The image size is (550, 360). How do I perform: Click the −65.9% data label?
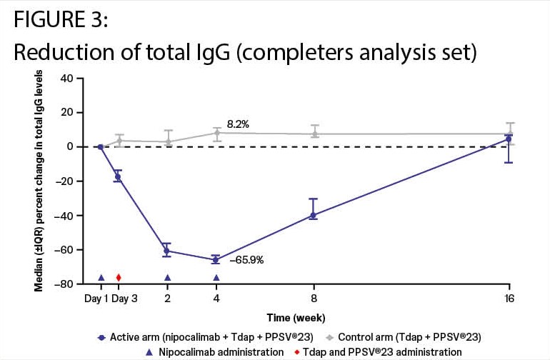247,261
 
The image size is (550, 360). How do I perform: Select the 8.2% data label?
239,124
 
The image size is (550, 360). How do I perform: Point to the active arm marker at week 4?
216,260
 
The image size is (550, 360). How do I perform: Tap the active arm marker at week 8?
313,215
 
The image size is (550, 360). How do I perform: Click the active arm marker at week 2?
167,251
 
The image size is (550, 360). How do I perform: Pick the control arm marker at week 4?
216,133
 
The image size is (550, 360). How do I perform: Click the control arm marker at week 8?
313,134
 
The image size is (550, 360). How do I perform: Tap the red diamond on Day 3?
119,278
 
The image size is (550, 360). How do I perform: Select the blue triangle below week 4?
216,278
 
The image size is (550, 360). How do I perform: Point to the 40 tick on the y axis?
66,78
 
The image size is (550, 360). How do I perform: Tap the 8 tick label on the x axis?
313,299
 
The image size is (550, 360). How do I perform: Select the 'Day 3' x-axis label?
124,299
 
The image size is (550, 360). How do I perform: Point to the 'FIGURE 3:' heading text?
61,21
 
